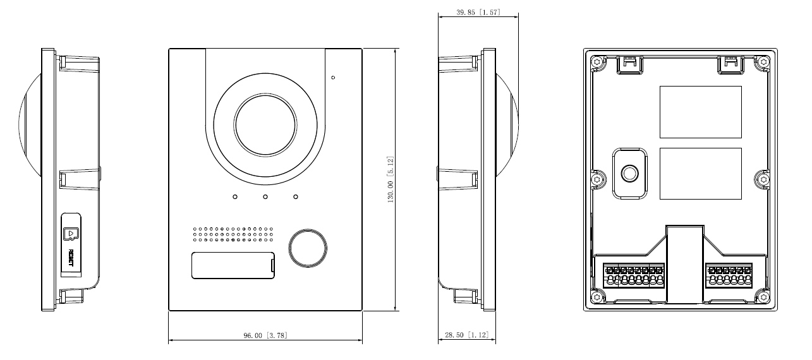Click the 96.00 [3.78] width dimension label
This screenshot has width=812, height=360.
[265, 335]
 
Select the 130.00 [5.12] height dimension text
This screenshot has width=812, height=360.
[391, 180]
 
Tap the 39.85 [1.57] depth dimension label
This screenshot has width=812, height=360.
[478, 12]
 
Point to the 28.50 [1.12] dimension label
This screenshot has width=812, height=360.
[467, 335]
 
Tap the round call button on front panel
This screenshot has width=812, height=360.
[308, 248]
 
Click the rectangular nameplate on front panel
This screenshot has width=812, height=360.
[232, 265]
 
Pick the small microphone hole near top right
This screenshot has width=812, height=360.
[333, 78]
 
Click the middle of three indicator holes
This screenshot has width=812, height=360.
[265, 197]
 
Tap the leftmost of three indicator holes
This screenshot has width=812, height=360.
[234, 197]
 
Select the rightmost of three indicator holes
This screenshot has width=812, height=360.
[296, 197]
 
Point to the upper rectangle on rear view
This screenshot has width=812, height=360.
[700, 112]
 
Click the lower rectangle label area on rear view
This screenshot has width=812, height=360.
[700, 174]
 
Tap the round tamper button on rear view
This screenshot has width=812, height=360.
[629, 173]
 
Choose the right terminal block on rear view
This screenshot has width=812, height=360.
[730, 276]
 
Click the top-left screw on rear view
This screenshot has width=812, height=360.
[597, 62]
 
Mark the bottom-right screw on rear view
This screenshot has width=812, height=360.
[763, 296]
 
